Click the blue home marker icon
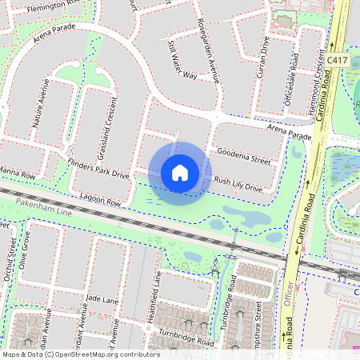pos(180,173)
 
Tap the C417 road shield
pos(336,60)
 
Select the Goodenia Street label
pos(243,160)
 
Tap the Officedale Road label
pos(294,76)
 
